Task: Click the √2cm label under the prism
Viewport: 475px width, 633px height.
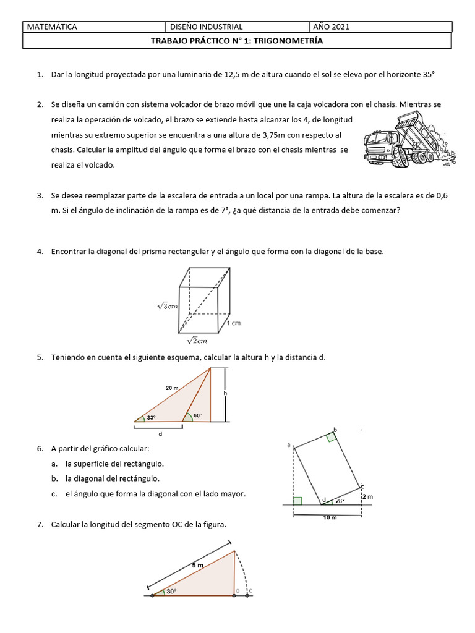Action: tap(197, 340)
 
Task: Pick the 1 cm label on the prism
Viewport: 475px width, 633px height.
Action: tap(233, 323)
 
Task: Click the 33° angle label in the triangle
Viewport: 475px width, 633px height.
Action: tap(151, 417)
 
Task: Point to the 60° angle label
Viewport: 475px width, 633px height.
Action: tap(197, 415)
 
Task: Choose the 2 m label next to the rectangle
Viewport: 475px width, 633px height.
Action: tap(366, 496)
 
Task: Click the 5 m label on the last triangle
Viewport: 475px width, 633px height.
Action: tap(197, 565)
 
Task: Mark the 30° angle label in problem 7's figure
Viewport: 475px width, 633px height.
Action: tap(170, 591)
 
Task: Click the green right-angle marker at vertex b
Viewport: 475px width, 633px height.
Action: tap(332, 437)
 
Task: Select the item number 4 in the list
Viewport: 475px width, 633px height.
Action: tap(39, 252)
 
